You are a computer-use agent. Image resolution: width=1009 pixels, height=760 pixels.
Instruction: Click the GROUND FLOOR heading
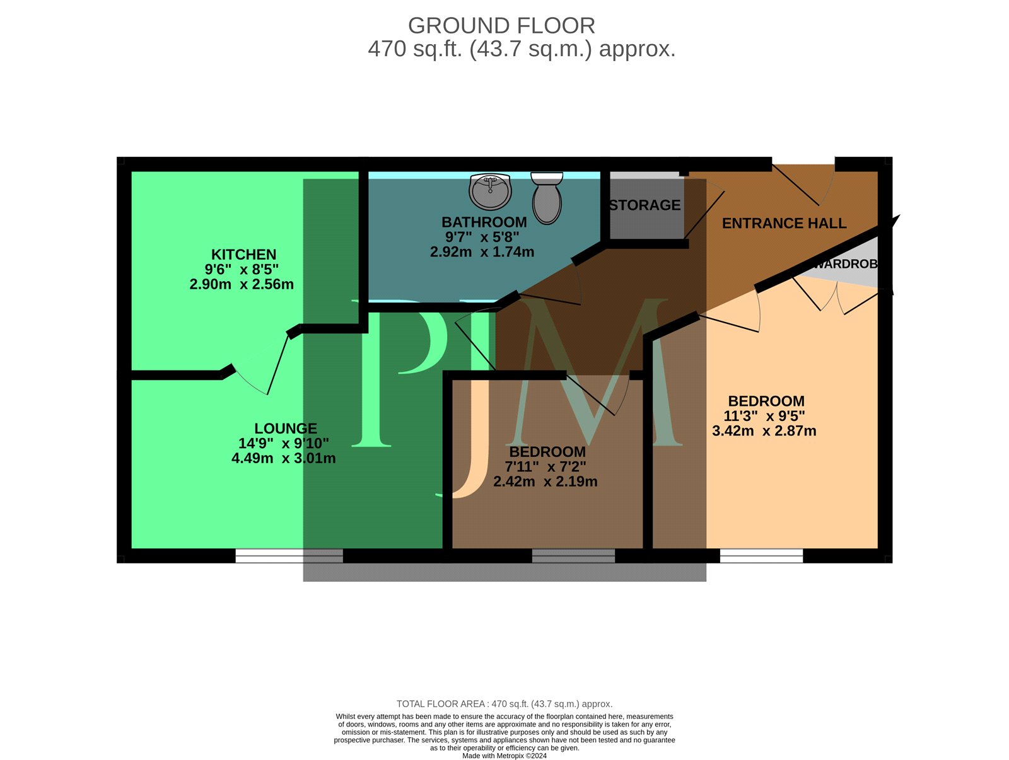tap(501, 26)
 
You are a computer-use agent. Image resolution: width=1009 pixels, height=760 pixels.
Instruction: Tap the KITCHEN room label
tap(243, 255)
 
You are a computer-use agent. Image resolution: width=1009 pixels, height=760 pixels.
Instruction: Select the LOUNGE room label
tap(286, 429)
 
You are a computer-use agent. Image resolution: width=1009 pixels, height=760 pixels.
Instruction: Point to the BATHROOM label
tap(484, 222)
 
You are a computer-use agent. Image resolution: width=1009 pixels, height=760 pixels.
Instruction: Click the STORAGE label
tap(644, 205)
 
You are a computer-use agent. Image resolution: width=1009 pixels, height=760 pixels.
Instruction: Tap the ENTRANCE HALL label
tap(784, 223)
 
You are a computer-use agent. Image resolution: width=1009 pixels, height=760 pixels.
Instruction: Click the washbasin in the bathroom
tap(490, 190)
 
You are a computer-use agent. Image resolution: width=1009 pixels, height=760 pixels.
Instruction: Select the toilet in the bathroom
tap(547, 199)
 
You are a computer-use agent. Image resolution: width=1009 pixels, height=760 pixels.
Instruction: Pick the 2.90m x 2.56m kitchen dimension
tap(242, 284)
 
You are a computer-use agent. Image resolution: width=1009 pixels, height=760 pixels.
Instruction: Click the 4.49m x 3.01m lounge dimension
tap(283, 458)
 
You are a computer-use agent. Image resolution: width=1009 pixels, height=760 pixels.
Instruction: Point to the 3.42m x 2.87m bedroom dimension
tap(764, 431)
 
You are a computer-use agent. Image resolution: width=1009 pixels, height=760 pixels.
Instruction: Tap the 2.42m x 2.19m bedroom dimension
tap(545, 481)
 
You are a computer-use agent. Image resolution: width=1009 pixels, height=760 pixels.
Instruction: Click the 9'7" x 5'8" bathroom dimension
tap(482, 237)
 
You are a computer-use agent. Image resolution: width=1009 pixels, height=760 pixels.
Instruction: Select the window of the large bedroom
tap(761, 556)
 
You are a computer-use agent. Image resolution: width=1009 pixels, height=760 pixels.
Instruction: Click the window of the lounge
tap(289, 556)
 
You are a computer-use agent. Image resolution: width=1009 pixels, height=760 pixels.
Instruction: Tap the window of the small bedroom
tap(573, 556)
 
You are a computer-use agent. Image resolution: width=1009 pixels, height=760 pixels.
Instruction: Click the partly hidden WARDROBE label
tap(845, 264)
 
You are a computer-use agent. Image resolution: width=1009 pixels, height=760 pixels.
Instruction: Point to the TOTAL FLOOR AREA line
tap(504, 704)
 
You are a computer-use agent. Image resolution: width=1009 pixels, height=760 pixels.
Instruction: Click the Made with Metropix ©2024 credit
tap(504, 756)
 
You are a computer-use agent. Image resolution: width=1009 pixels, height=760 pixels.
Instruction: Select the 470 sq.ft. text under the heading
tap(414, 49)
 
